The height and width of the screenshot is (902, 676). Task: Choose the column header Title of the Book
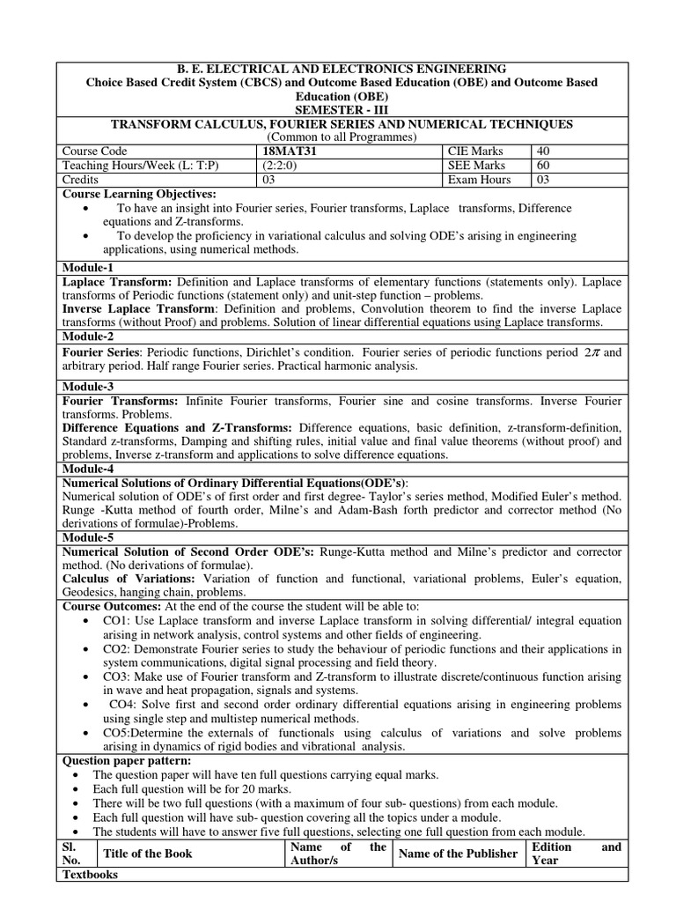[x=147, y=854]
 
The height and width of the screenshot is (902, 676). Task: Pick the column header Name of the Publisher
[x=458, y=854]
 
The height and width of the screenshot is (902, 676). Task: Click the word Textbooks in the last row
[x=91, y=874]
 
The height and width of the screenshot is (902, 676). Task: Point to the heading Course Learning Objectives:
[x=138, y=194]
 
